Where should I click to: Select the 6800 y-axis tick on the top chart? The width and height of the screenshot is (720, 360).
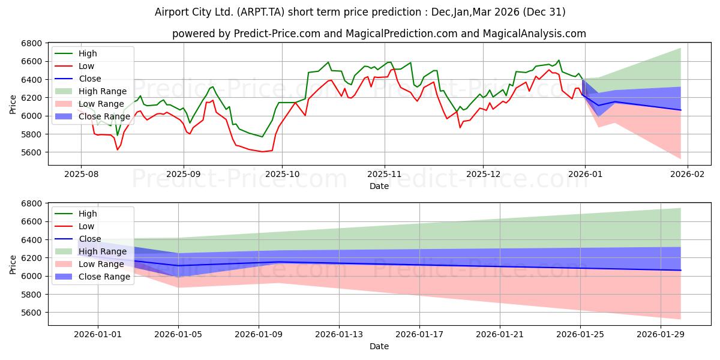[x=31, y=43]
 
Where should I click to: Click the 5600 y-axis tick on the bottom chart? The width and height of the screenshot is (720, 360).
[x=31, y=313]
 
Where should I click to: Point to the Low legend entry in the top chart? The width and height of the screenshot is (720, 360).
[x=87, y=66]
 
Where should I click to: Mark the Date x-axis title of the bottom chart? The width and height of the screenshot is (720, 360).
[x=379, y=346]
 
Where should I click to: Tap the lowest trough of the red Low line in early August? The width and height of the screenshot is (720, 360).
[x=118, y=149]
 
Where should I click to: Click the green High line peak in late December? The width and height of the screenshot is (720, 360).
[x=559, y=60]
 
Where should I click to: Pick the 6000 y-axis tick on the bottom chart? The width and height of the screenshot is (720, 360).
[x=31, y=276]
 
